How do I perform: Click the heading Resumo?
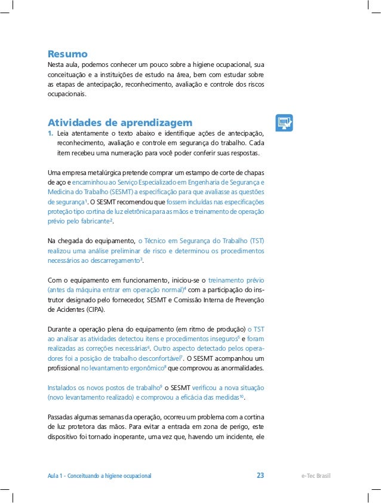(67, 53)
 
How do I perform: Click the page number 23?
(260, 476)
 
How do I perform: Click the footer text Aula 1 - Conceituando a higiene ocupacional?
(99, 476)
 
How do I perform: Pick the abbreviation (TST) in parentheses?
(256, 240)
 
